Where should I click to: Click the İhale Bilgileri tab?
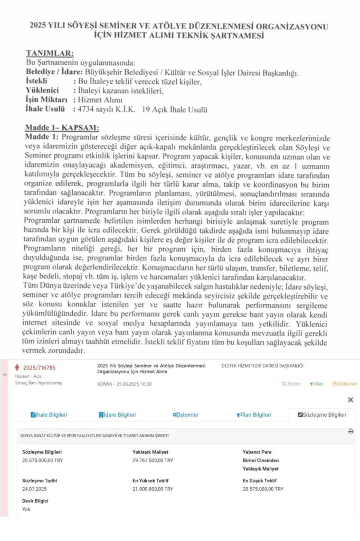49,415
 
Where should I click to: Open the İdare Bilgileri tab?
117,415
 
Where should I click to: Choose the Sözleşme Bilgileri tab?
322,415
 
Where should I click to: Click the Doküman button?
345,384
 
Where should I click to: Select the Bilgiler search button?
291,384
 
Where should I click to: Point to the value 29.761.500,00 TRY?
153,461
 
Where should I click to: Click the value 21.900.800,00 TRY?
153,489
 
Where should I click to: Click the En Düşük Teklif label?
260,481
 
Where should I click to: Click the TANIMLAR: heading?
50,53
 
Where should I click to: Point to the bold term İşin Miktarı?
47,100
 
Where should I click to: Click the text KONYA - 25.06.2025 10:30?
125,384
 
